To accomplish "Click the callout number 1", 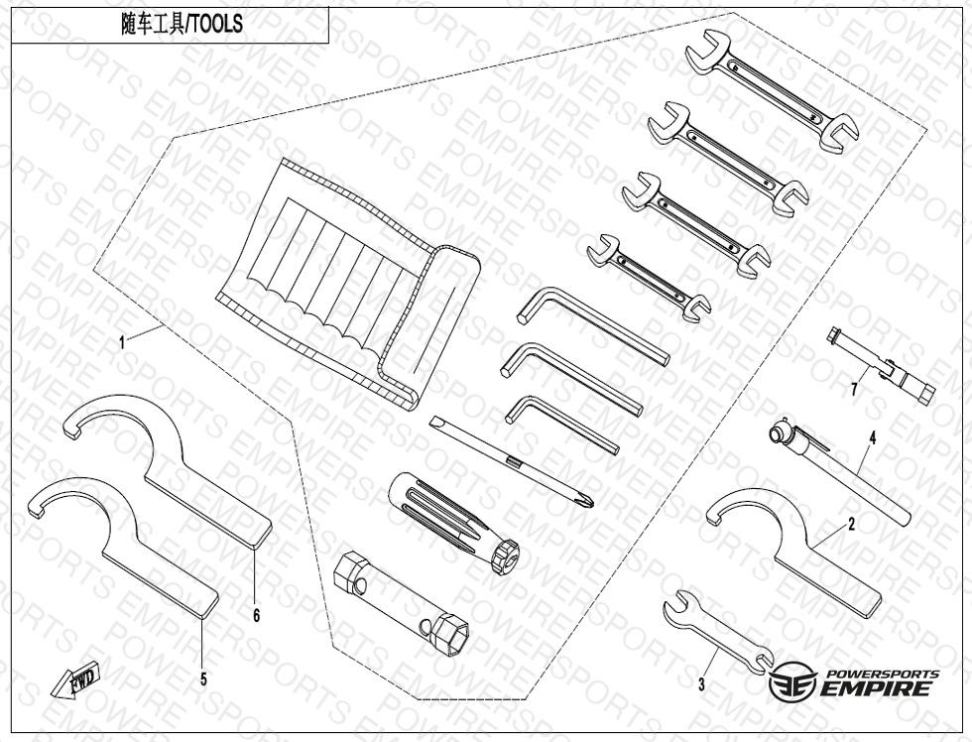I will [x=122, y=342].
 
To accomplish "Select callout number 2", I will [x=851, y=525].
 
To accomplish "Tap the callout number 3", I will [x=701, y=683].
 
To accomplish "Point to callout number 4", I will [x=873, y=437].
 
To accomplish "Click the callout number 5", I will [x=203, y=680].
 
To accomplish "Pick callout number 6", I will [x=256, y=616].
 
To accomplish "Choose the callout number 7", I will [x=853, y=389].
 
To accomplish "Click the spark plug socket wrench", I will [x=402, y=599].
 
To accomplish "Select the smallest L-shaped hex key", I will [x=560, y=423].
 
